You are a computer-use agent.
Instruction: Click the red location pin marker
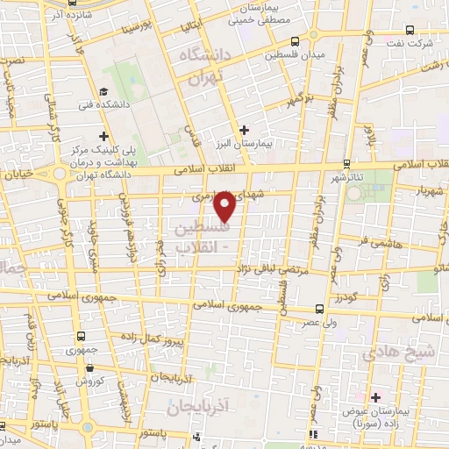(225, 206)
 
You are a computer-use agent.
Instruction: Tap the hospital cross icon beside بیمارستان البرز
(245, 130)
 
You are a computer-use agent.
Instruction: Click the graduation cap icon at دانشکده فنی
(103, 92)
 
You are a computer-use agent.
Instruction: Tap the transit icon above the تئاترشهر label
(346, 162)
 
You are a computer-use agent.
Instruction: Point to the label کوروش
(89, 381)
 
